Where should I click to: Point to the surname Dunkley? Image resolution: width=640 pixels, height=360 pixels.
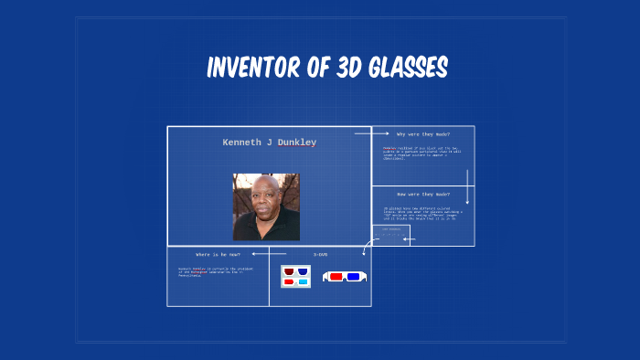click(x=294, y=143)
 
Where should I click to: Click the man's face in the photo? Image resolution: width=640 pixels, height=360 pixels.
click(x=266, y=199)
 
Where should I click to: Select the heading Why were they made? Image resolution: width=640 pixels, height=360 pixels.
click(x=423, y=134)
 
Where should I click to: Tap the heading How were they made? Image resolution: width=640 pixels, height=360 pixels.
click(x=423, y=195)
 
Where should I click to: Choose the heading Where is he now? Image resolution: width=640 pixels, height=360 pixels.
click(x=218, y=254)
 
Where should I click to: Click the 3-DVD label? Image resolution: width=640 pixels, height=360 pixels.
click(x=320, y=254)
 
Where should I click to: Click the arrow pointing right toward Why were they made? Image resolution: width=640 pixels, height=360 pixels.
click(x=367, y=133)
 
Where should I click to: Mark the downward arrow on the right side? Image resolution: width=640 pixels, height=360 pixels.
click(x=467, y=187)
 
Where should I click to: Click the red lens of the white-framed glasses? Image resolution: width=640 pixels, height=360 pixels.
click(x=336, y=276)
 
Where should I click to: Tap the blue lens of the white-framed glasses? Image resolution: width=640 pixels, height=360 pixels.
click(x=353, y=276)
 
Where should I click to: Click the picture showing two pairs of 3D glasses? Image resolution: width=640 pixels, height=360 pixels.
click(x=295, y=276)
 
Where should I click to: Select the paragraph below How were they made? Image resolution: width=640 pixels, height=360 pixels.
click(x=421, y=214)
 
